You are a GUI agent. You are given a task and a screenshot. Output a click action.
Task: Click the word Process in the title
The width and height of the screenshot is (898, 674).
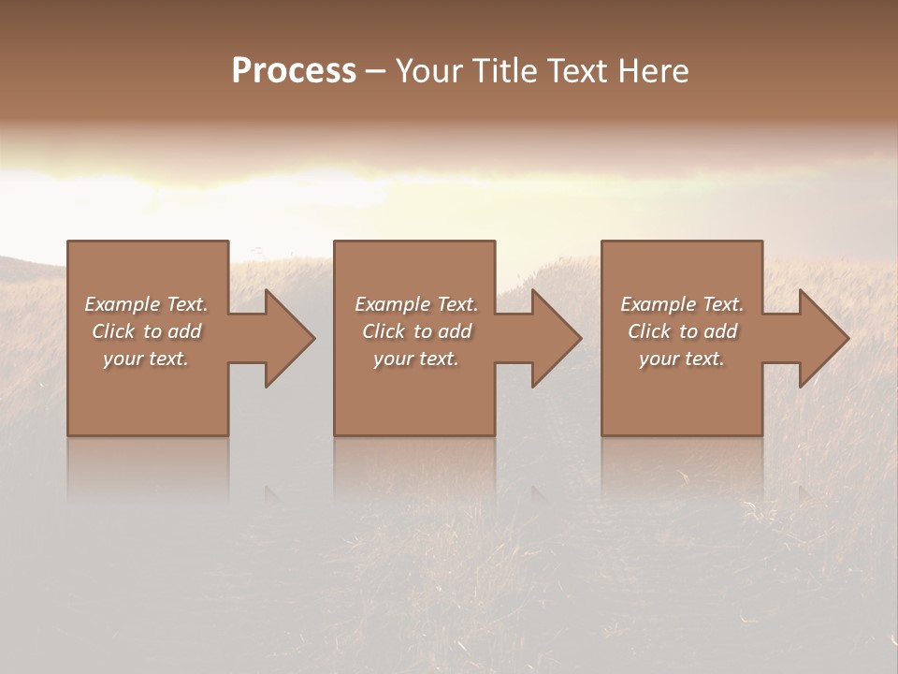coord(294,71)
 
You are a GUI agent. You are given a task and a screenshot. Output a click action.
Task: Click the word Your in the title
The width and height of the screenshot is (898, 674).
coord(430,71)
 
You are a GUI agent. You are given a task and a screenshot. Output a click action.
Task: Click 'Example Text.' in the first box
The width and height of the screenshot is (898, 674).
coord(147,304)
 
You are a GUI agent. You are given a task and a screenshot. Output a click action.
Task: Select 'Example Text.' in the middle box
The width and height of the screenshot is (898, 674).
coord(416,304)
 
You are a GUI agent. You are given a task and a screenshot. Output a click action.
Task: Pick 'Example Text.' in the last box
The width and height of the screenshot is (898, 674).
coord(682,304)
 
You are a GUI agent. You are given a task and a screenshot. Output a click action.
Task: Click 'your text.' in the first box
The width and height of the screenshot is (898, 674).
coord(146,359)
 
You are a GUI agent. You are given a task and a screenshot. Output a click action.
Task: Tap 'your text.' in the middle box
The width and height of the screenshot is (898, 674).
coord(416,359)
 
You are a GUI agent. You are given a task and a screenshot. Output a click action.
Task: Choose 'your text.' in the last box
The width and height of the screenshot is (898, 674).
coord(682,359)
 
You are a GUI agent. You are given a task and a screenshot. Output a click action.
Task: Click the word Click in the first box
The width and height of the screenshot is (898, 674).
coord(113,331)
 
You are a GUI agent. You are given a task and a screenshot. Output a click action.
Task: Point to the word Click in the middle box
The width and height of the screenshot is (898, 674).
coord(384,331)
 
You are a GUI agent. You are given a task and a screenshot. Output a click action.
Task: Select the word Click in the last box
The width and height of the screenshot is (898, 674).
coord(649,331)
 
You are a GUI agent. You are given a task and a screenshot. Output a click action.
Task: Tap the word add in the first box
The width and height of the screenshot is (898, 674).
coord(184,331)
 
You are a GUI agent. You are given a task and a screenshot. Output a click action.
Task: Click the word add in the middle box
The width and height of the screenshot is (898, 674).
coord(455,331)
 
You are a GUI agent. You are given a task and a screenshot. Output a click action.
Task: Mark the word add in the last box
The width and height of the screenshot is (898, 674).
coord(720,331)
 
